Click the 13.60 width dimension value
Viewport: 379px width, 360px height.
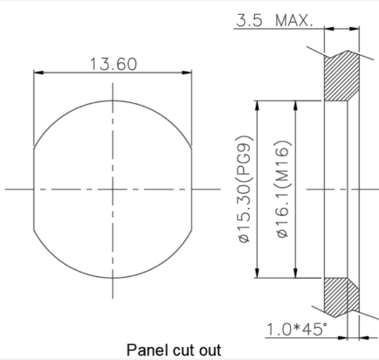pos(114,64)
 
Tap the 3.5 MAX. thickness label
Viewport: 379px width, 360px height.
pos(274,20)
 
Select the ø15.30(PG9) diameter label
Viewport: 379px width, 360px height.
pos(245,189)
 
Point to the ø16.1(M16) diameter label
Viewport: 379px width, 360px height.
pos(283,190)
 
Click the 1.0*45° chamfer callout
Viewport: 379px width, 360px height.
pos(296,329)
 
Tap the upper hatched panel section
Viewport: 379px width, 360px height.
pos(341,76)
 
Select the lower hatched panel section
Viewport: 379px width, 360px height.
pos(341,297)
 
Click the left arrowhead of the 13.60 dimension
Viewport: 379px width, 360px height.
pos(38,73)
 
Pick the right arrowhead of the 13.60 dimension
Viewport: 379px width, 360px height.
pos(187,73)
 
